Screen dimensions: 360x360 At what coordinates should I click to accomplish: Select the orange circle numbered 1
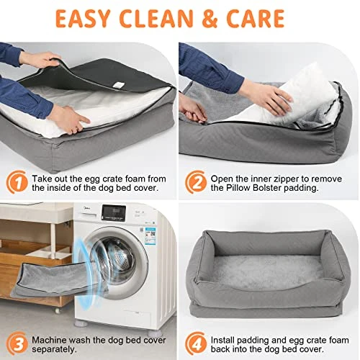[x=14, y=180]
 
